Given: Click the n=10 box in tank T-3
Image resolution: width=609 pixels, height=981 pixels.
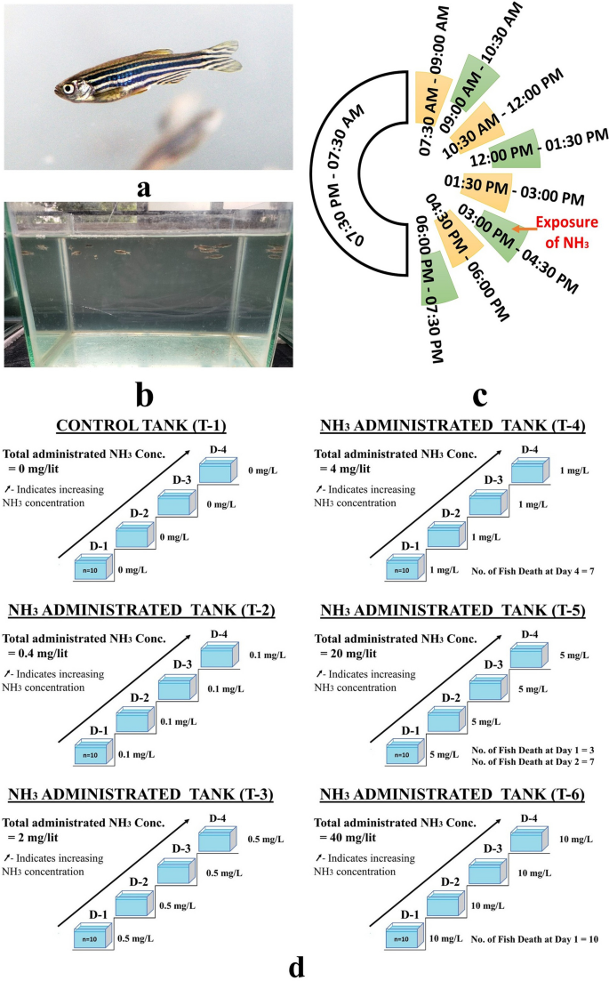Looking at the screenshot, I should [92, 936].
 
